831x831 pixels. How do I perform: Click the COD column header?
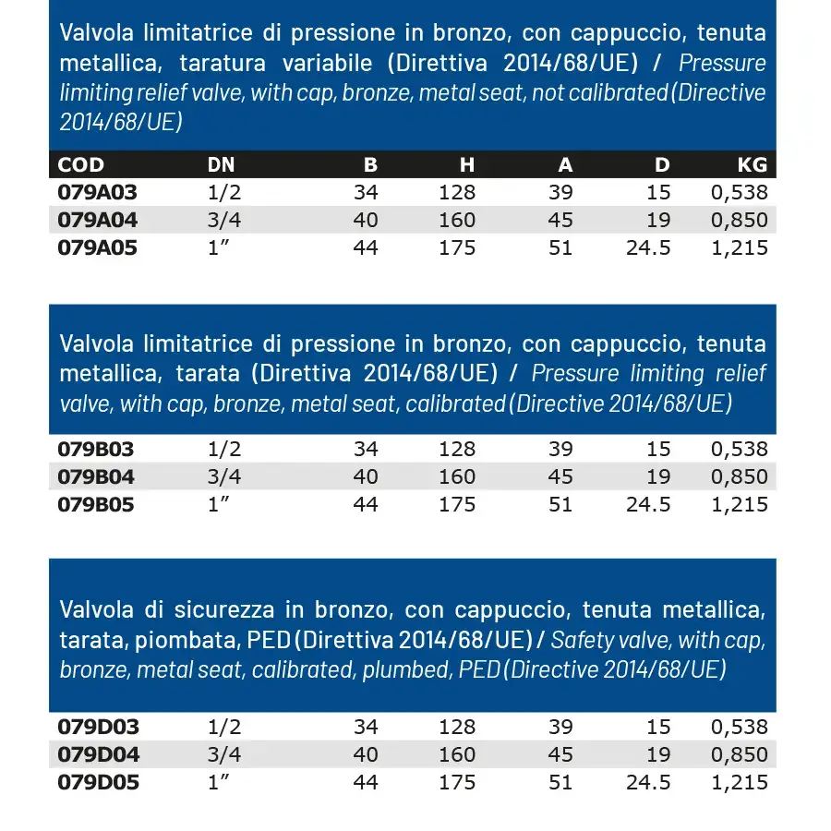click(x=81, y=165)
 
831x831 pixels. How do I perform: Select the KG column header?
click(x=752, y=165)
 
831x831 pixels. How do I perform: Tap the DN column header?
click(x=221, y=165)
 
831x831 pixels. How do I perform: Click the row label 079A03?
click(x=97, y=193)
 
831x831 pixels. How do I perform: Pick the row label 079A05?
click(x=97, y=248)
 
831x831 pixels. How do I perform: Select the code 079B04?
click(x=96, y=477)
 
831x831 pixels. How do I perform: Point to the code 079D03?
click(x=98, y=728)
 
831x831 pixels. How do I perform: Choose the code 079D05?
click(x=98, y=783)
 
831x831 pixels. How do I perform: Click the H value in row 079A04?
click(x=457, y=221)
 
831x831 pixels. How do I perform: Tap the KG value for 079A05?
click(x=739, y=248)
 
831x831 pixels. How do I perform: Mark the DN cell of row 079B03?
click(x=225, y=450)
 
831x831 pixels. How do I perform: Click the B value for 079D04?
click(x=366, y=755)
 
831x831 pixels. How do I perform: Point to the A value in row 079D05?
click(x=560, y=783)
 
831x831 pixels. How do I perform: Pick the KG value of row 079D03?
click(x=739, y=728)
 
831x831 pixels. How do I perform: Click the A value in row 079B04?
click(x=560, y=477)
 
